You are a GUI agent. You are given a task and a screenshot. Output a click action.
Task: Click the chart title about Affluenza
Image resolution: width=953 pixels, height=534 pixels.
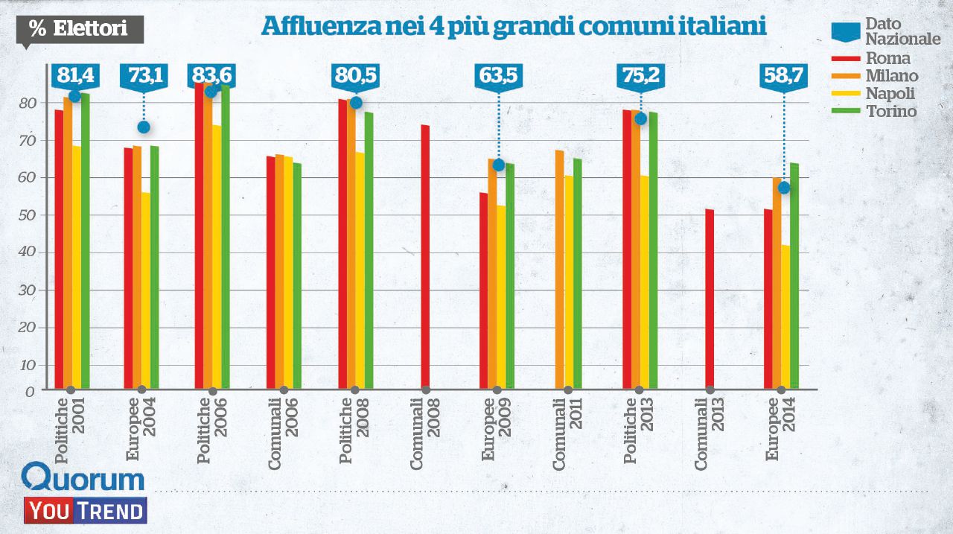[514, 27]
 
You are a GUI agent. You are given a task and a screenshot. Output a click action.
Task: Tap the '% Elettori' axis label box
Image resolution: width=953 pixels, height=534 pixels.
[78, 29]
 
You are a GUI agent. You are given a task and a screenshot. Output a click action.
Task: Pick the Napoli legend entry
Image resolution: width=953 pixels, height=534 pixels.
[890, 93]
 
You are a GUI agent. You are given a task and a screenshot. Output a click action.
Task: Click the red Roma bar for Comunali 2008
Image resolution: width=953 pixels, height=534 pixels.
[425, 257]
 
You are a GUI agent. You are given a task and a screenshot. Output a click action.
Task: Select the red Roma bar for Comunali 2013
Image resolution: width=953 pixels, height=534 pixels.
[710, 299]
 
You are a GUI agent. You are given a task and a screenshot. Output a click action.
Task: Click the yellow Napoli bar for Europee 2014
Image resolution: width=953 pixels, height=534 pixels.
[785, 317]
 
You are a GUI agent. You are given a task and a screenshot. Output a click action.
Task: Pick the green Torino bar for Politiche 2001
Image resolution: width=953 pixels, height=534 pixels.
[85, 240]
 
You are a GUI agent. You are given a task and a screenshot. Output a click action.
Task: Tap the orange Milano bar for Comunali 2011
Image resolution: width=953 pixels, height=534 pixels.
[559, 269]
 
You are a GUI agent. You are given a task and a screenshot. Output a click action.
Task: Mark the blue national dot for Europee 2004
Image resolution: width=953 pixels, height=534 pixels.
[144, 127]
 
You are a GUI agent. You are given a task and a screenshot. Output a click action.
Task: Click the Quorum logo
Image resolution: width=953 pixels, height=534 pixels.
[83, 478]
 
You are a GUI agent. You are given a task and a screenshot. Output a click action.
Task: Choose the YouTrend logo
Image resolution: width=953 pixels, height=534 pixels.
[85, 511]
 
